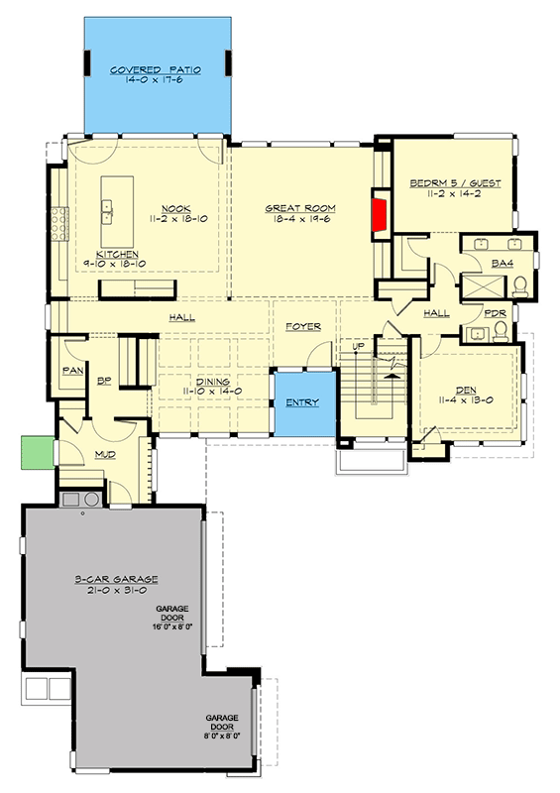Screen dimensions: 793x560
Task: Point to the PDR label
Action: point(495,314)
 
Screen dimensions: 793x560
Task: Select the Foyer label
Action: point(302,325)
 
